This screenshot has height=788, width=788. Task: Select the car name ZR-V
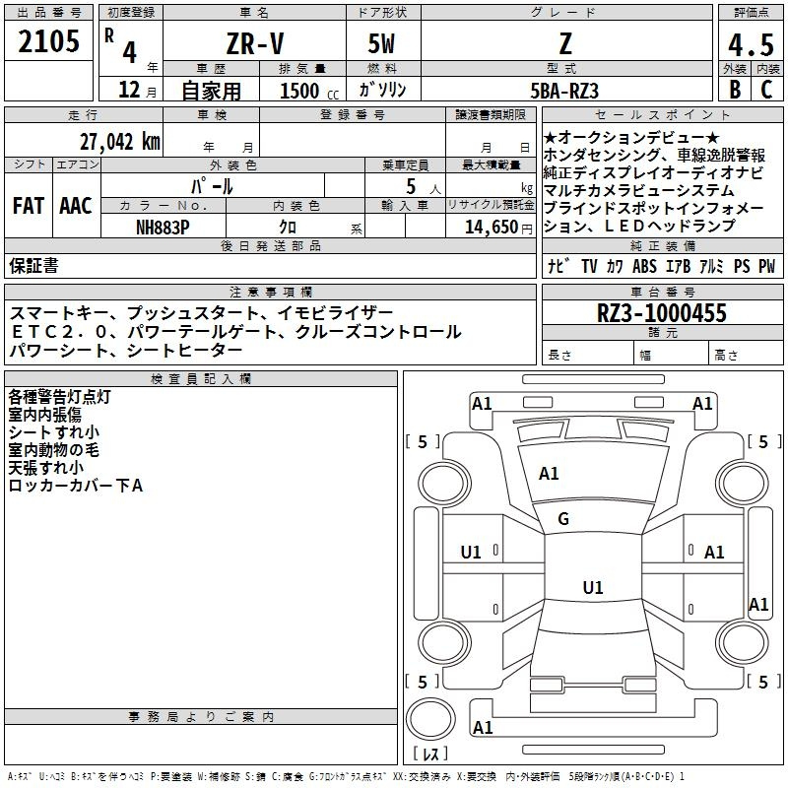[253, 43]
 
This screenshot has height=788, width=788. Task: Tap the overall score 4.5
[749, 44]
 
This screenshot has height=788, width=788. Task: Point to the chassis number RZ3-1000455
[662, 313]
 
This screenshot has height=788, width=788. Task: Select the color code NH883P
[164, 226]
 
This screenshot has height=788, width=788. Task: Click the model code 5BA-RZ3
[564, 91]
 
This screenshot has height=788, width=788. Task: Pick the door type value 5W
[382, 44]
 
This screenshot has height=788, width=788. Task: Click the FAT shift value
[28, 205]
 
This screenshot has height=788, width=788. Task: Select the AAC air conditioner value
[76, 205]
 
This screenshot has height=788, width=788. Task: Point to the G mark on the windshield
[563, 519]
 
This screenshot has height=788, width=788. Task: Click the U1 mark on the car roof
[592, 588]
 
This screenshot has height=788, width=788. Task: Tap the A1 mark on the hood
[549, 474]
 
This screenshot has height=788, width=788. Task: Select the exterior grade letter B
[734, 90]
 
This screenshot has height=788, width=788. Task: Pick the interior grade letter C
[765, 90]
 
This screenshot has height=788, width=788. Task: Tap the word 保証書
[33, 265]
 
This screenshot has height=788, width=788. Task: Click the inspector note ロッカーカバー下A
[76, 485]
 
